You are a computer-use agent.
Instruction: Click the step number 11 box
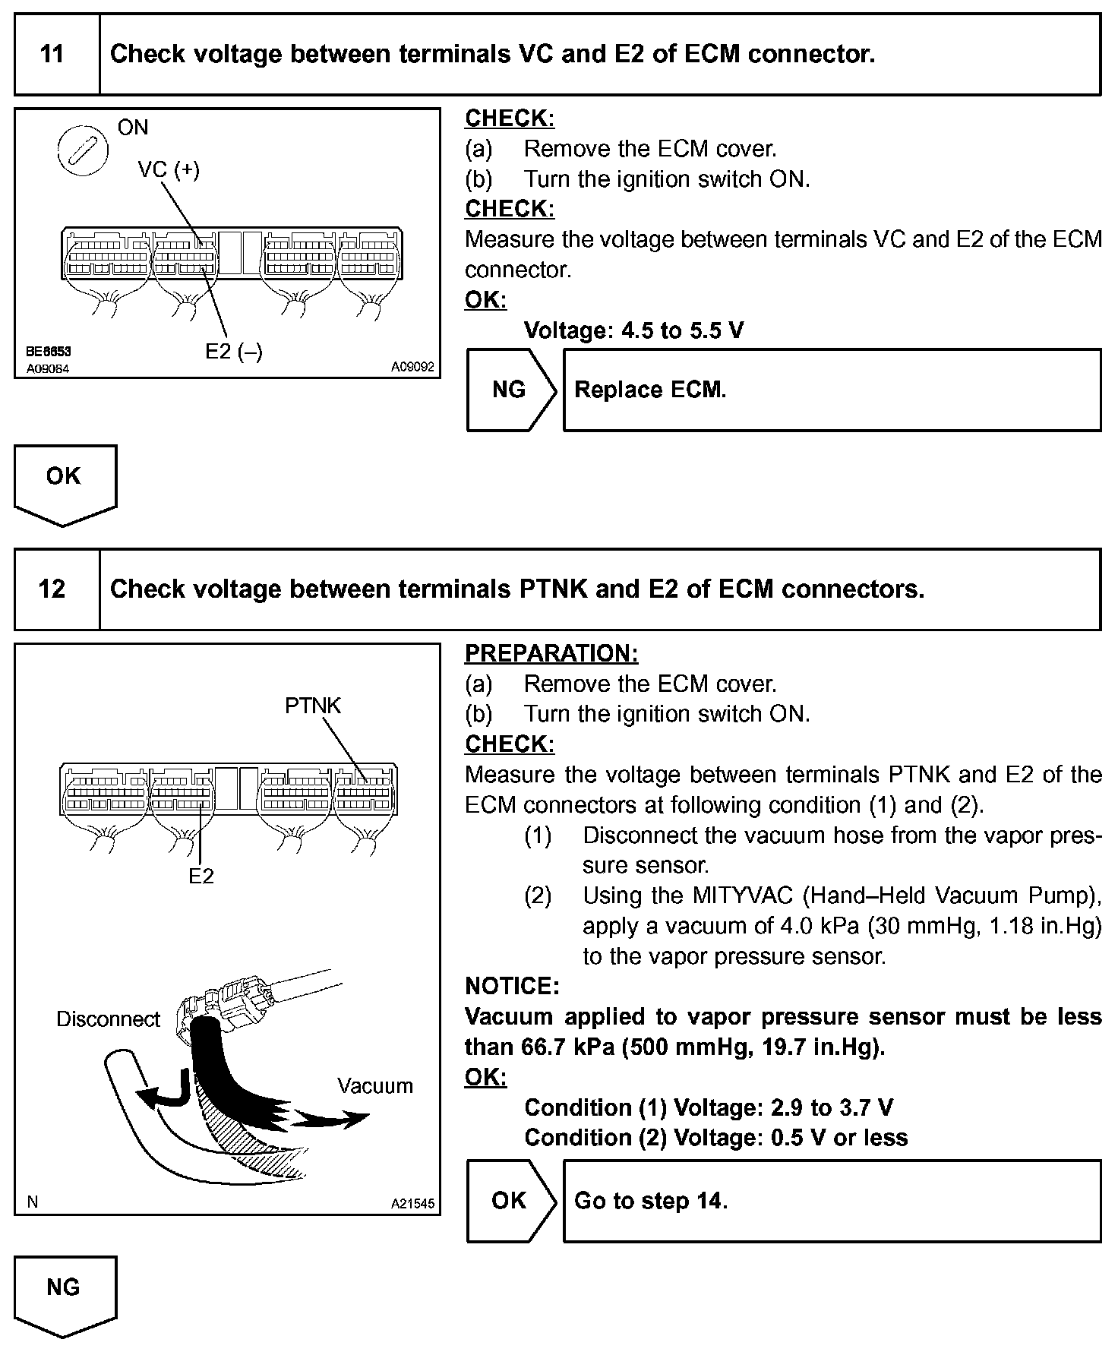click(x=52, y=54)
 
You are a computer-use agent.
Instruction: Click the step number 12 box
click(x=52, y=589)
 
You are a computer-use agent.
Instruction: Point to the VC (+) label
click(x=169, y=169)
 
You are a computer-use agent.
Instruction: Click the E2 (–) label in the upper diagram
click(x=234, y=352)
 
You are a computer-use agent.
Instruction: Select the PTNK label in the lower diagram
click(x=313, y=706)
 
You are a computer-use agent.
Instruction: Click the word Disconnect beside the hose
click(x=108, y=1019)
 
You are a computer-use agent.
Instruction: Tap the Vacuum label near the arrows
click(x=375, y=1085)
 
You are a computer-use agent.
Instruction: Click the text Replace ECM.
click(x=650, y=390)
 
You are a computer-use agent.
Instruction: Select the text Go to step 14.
click(x=651, y=1201)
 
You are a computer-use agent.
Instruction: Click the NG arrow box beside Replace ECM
click(x=510, y=390)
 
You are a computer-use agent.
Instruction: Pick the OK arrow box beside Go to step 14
click(x=510, y=1201)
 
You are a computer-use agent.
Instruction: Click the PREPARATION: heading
click(x=551, y=653)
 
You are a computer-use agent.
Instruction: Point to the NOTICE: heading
click(x=512, y=987)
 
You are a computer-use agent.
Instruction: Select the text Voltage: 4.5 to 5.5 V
click(x=633, y=330)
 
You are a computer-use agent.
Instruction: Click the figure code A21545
click(x=412, y=1204)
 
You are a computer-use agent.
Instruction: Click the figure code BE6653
click(x=48, y=352)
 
